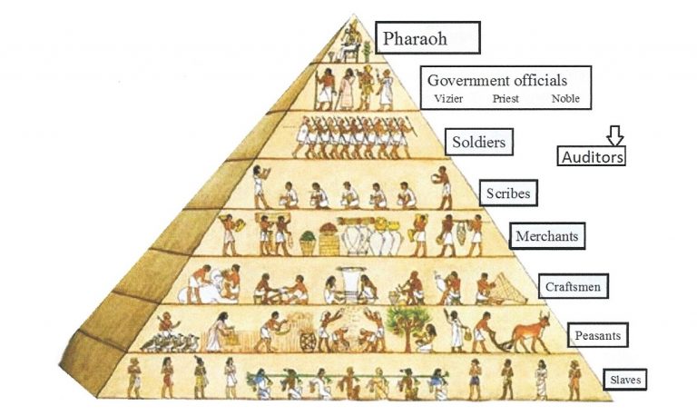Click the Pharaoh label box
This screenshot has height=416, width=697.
pos(427,40)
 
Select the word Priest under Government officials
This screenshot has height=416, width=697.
pos(506,99)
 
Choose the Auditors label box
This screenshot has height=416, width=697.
pos(592,156)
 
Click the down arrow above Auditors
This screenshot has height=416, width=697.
pos(615,135)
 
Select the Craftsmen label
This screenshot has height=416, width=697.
pos(573,287)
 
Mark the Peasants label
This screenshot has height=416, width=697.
pos(596,335)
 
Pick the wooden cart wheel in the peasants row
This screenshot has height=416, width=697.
pos(309,341)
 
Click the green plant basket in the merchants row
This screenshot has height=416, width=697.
pos(309,240)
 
